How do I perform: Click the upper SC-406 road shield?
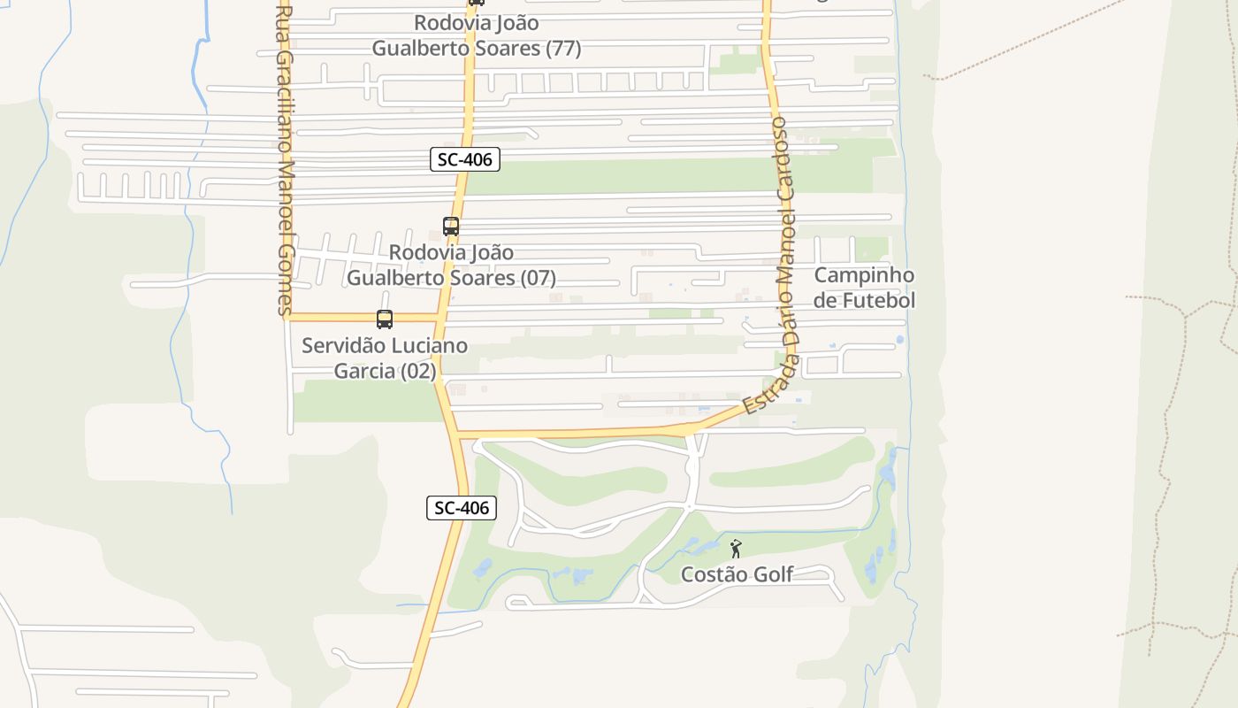tap(465, 159)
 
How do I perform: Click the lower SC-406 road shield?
tap(461, 508)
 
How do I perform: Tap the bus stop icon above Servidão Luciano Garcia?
tap(385, 319)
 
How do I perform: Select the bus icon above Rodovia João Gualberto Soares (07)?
tap(451, 227)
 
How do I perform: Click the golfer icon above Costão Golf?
tap(736, 549)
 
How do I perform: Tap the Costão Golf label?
tap(737, 574)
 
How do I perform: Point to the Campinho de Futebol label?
tap(864, 288)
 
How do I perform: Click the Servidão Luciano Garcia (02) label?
tap(385, 358)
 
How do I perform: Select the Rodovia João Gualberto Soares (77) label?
tap(477, 35)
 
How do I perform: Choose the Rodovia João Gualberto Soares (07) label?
tap(451, 265)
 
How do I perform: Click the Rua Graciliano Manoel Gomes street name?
tap(284, 159)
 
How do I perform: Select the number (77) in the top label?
tap(563, 48)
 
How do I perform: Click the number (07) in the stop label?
tap(538, 278)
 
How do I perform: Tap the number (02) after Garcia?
tap(418, 371)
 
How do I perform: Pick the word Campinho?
tap(864, 275)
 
